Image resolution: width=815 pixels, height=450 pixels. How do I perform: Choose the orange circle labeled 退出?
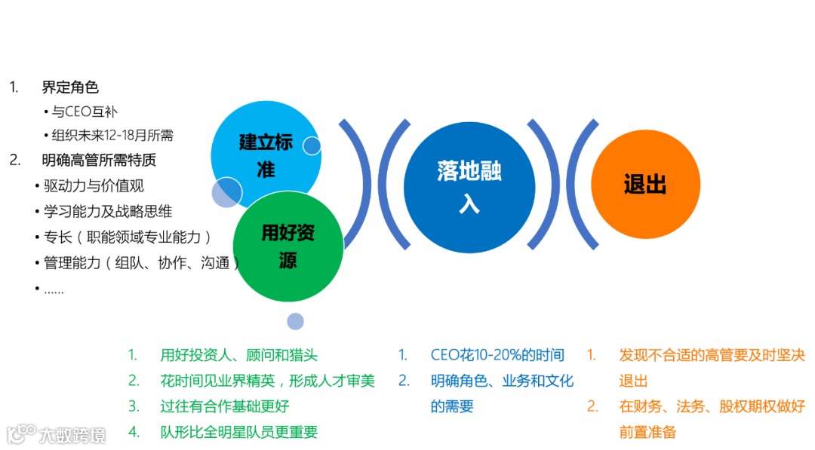pos(645,185)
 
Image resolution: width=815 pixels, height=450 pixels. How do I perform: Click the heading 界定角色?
pos(70,87)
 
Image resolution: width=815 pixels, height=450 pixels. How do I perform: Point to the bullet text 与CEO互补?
pos(85,112)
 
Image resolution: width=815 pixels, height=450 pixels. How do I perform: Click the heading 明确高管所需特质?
pos(99,160)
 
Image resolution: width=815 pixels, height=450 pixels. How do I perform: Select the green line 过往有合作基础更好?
pos(224,406)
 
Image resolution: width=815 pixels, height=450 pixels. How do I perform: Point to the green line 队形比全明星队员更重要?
pos(238,432)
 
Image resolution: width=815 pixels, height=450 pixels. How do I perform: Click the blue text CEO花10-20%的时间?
pos(497,355)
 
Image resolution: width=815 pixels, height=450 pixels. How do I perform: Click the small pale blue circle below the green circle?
pos(295,321)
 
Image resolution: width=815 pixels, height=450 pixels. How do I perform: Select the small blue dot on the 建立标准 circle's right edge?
pos(312,145)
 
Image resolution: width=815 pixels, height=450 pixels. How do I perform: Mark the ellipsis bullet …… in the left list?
pos(53,289)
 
